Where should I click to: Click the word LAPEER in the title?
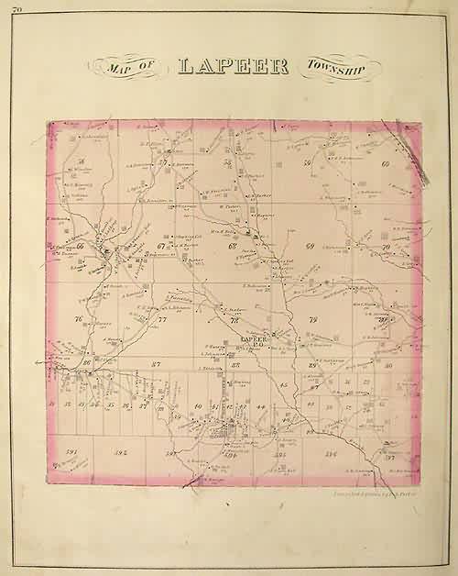coord(234,67)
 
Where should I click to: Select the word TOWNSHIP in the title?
coord(334,68)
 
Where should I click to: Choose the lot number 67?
coord(161,246)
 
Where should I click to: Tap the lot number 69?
coord(310,248)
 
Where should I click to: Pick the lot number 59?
coord(308,163)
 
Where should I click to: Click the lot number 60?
coord(386,164)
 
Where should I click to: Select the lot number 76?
coord(79,319)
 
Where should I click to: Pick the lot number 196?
coord(329,453)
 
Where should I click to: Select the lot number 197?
coord(388,456)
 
